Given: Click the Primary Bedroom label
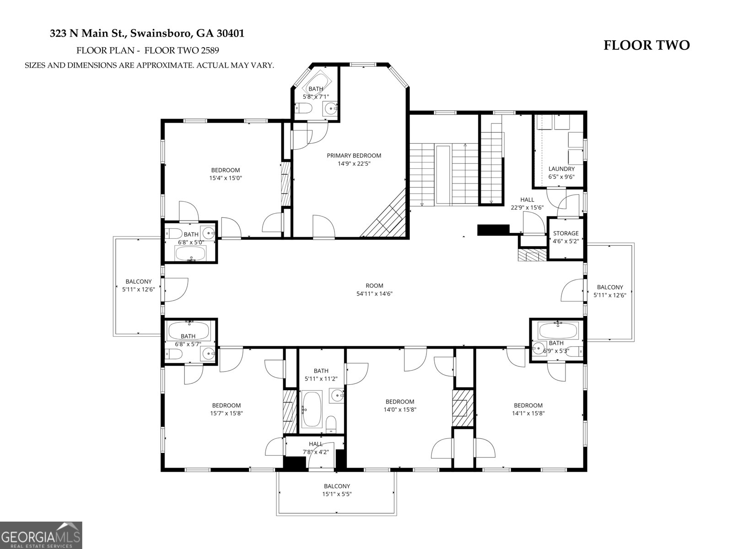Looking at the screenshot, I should coord(354,156).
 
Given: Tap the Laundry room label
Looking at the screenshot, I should coord(561,169).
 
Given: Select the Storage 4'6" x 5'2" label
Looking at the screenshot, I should coord(566,233).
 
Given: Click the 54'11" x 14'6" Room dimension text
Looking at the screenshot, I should coord(374,294).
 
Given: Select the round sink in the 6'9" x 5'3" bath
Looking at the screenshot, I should coord(539,347).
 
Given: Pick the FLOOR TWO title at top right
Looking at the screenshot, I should coord(646,45).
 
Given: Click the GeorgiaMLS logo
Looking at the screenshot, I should coord(41,535).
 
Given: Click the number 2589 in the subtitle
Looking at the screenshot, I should coord(214,50).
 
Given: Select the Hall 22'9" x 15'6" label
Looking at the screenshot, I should coord(527,200).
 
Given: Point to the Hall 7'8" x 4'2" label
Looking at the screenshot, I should coord(316,444).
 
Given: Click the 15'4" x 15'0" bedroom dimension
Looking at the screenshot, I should coord(225,178).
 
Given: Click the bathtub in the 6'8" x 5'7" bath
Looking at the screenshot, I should coord(189,329).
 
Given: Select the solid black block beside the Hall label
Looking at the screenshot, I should coord(493,230).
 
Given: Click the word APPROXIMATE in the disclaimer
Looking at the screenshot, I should coord(167,65).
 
